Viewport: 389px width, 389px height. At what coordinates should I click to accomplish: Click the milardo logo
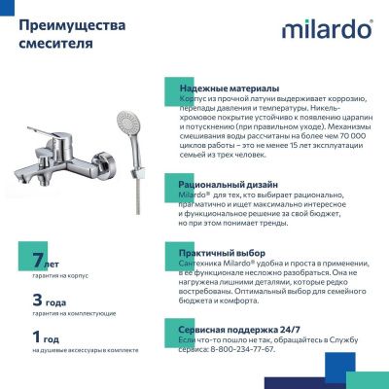(327, 29)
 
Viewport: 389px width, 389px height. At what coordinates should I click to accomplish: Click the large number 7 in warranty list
(38, 262)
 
